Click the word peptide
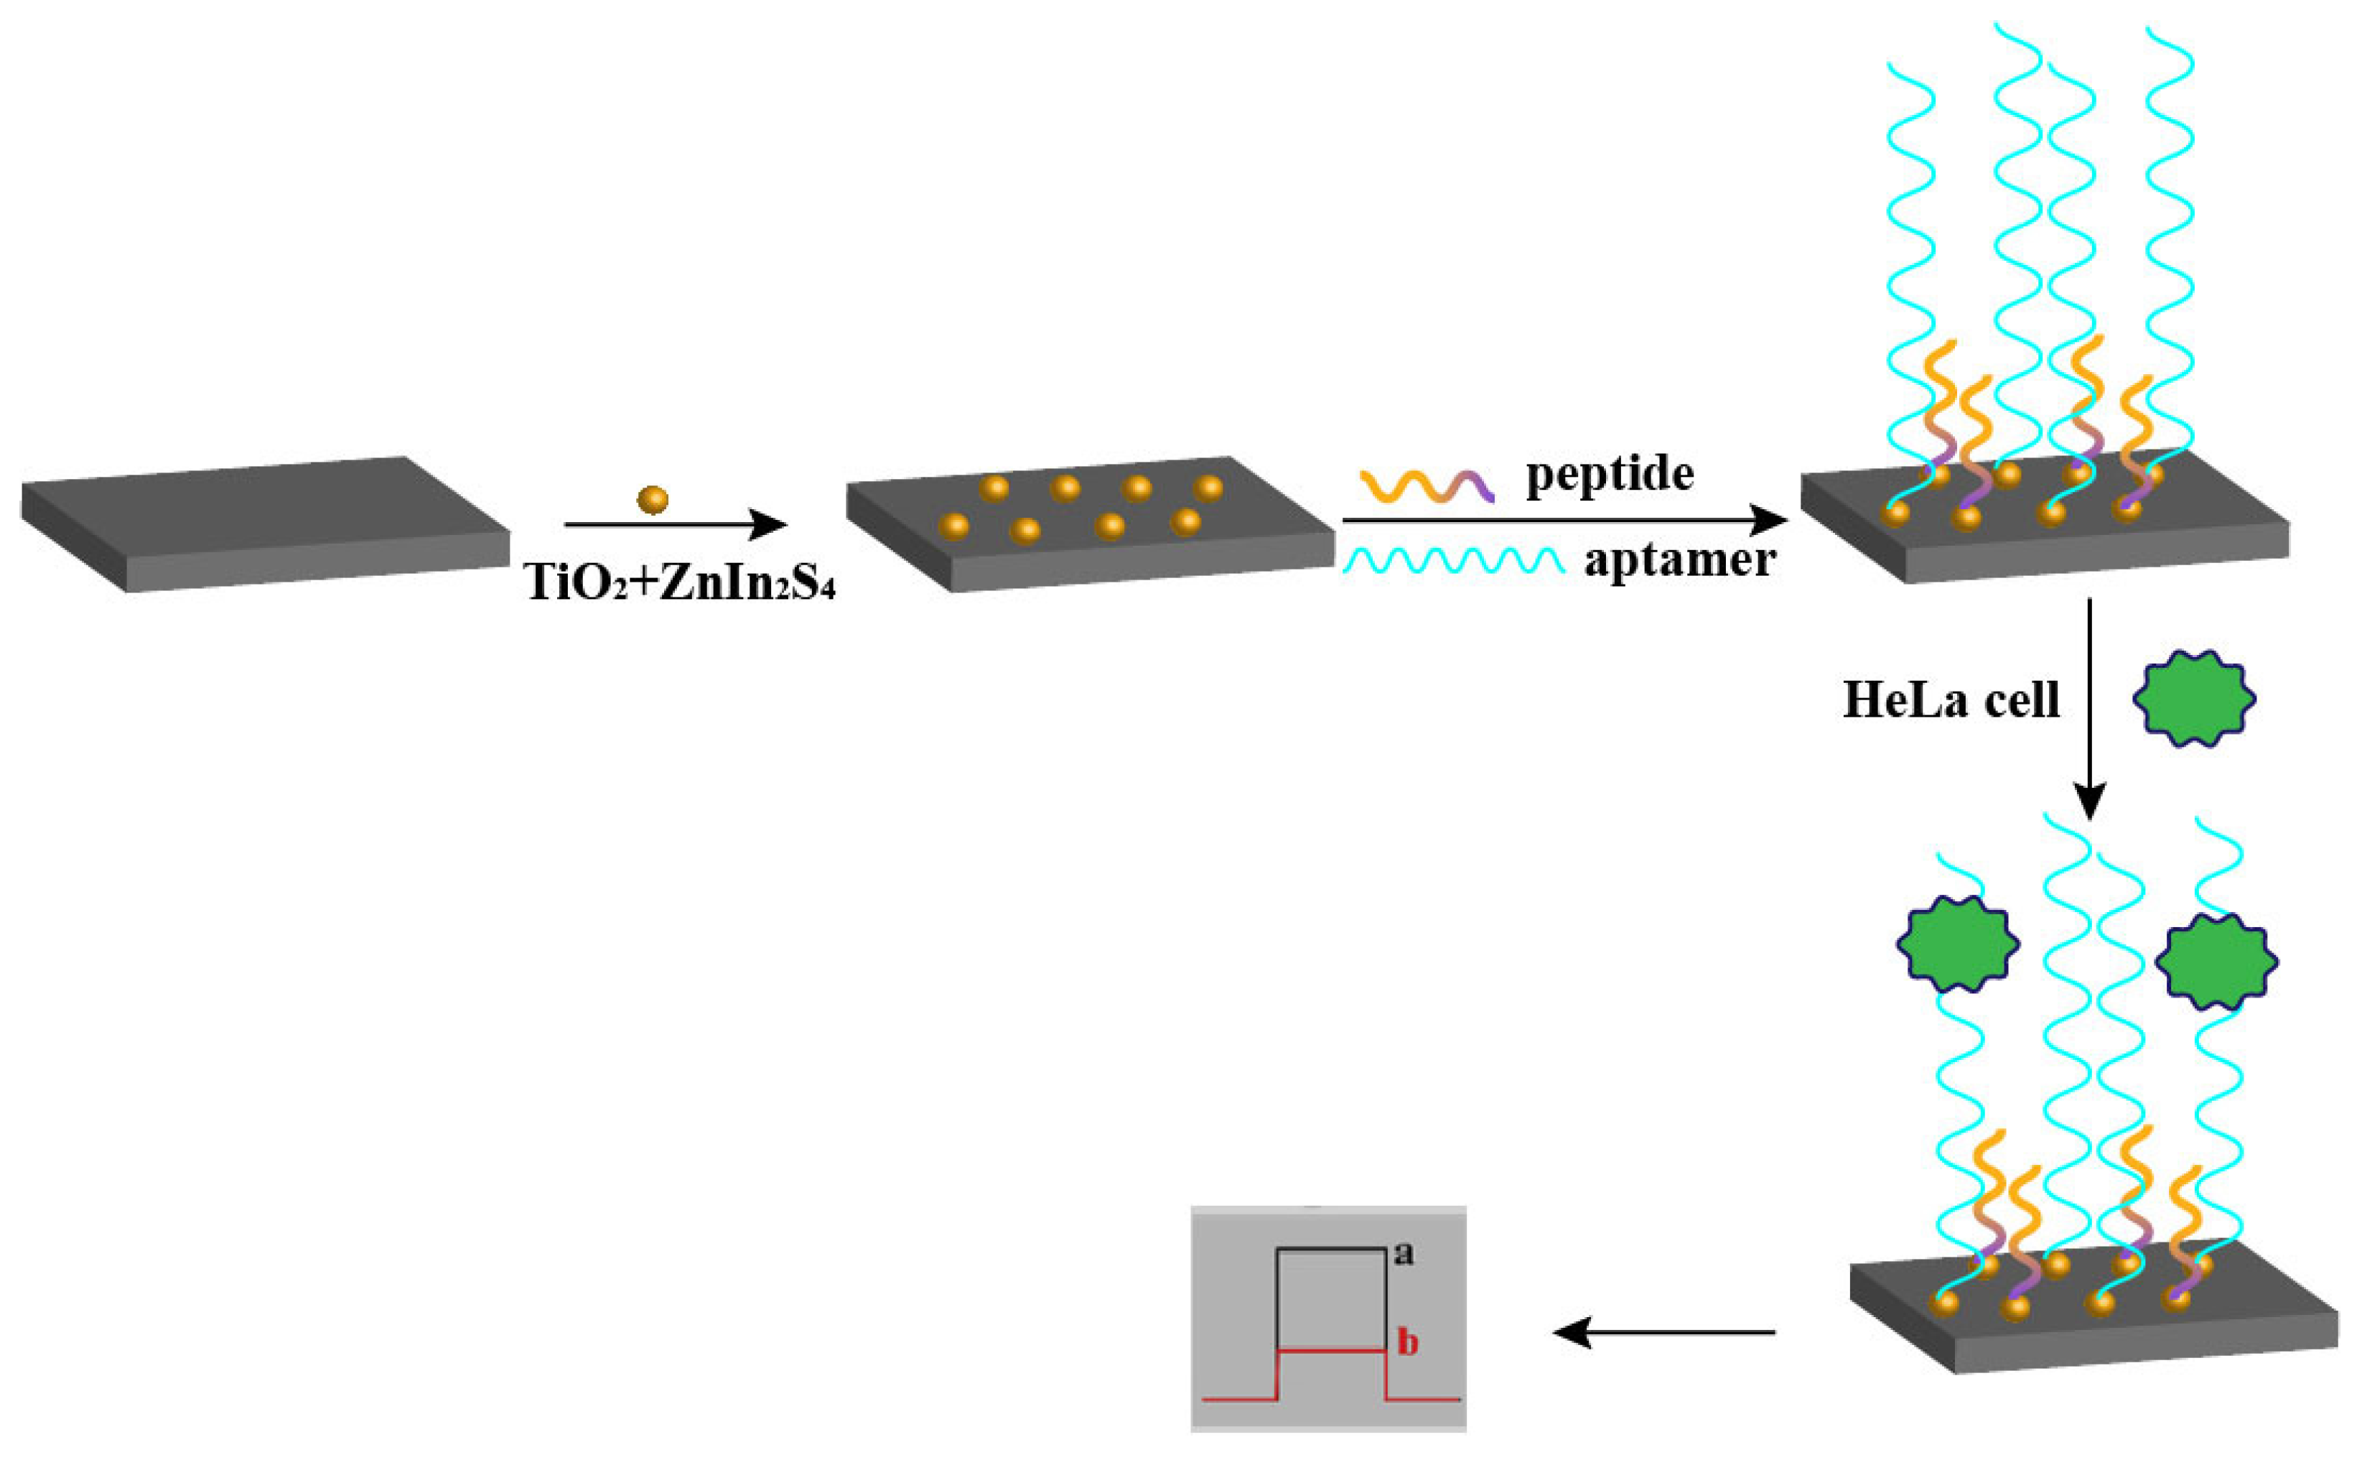(1609, 475)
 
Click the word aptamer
(1679, 560)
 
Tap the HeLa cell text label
(1951, 700)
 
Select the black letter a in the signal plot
(1404, 1255)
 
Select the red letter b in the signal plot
(1408, 1342)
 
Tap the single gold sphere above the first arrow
(653, 499)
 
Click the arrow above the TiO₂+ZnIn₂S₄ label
(676, 524)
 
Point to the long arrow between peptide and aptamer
(1564, 521)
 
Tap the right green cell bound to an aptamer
(2216, 962)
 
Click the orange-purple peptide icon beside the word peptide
(1427, 485)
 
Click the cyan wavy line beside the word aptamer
(1452, 561)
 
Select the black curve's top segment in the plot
(1332, 1250)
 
